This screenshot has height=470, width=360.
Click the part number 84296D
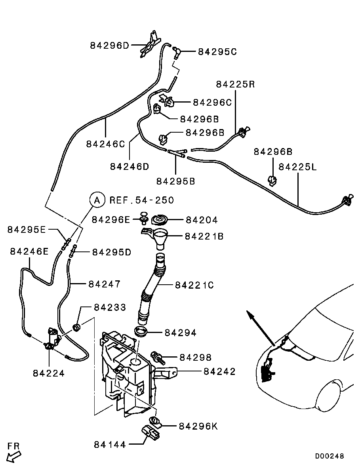(x=110, y=46)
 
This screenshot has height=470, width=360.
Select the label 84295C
(x=217, y=51)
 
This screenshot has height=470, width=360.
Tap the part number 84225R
(x=235, y=84)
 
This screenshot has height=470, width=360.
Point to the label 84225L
(x=298, y=167)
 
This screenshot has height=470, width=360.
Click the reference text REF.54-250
(x=141, y=200)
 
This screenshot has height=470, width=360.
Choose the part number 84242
(x=219, y=371)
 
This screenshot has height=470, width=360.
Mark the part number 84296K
(x=198, y=426)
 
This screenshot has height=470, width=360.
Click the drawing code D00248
(x=330, y=456)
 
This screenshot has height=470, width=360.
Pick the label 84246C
(x=105, y=144)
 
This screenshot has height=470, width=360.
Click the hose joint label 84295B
(x=175, y=181)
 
